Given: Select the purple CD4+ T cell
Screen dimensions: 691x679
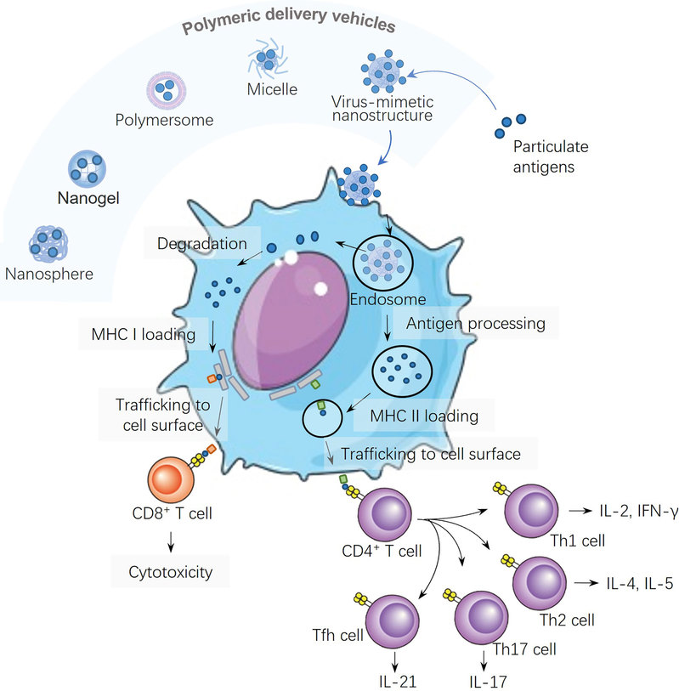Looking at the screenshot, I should pyautogui.click(x=379, y=515).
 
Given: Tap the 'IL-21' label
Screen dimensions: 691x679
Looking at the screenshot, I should pyautogui.click(x=397, y=680).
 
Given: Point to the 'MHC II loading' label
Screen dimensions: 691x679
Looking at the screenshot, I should pyautogui.click(x=424, y=416).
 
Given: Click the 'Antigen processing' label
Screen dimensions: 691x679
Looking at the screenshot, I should pyautogui.click(x=476, y=324).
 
